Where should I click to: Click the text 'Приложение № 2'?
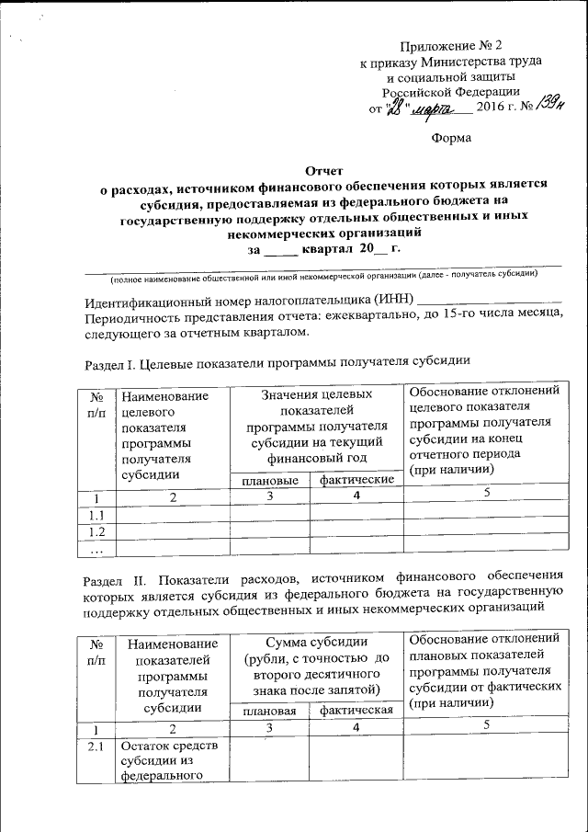click(x=451, y=45)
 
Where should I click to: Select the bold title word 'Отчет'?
click(x=323, y=168)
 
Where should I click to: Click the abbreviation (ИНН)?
click(x=393, y=300)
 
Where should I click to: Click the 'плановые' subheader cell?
click(x=269, y=481)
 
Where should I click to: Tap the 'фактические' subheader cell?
click(x=356, y=481)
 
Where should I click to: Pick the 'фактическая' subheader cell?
click(x=356, y=710)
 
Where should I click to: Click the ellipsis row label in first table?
click(x=95, y=549)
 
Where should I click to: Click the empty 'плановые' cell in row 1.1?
click(x=269, y=515)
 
